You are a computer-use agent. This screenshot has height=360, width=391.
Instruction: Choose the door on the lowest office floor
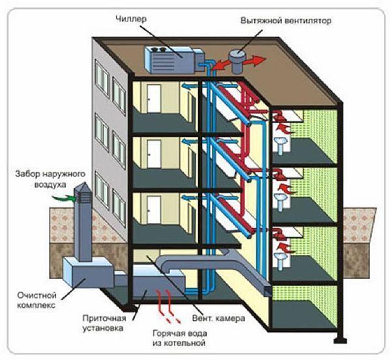pos(152,210)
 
